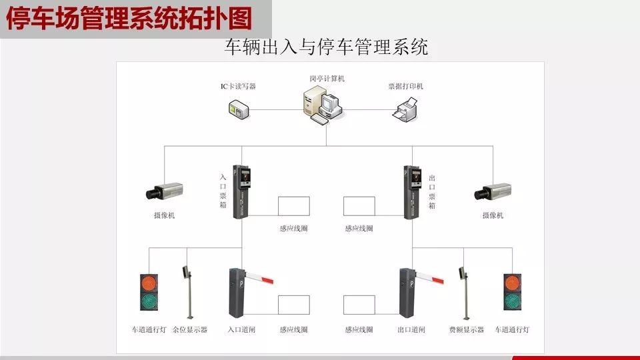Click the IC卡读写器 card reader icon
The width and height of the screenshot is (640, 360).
tap(239, 109)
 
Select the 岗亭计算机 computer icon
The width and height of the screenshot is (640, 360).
tap(323, 105)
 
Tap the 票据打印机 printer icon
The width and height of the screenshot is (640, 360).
tap(405, 109)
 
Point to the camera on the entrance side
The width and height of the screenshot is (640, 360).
tap(164, 191)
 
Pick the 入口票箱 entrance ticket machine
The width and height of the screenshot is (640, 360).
tap(241, 191)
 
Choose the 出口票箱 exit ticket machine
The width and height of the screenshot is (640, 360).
tap(412, 192)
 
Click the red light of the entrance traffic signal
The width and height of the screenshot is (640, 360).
tap(149, 283)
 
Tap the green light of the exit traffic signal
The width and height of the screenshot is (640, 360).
tap(512, 301)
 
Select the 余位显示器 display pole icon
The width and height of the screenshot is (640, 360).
tap(188, 292)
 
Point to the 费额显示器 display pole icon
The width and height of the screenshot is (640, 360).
tap(465, 293)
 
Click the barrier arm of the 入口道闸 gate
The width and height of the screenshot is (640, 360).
tap(259, 277)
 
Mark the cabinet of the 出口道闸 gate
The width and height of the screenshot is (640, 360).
tap(407, 293)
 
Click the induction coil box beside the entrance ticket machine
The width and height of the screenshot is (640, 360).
tap(294, 206)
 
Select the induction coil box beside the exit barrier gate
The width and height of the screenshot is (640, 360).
tap(359, 305)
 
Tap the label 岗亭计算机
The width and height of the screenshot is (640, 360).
tap(327, 79)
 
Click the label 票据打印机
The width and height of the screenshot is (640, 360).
tap(406, 86)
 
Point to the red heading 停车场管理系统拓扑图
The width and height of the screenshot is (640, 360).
tap(129, 19)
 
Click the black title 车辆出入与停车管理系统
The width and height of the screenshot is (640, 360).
tap(326, 47)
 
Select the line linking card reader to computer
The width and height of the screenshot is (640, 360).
tap(276, 109)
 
